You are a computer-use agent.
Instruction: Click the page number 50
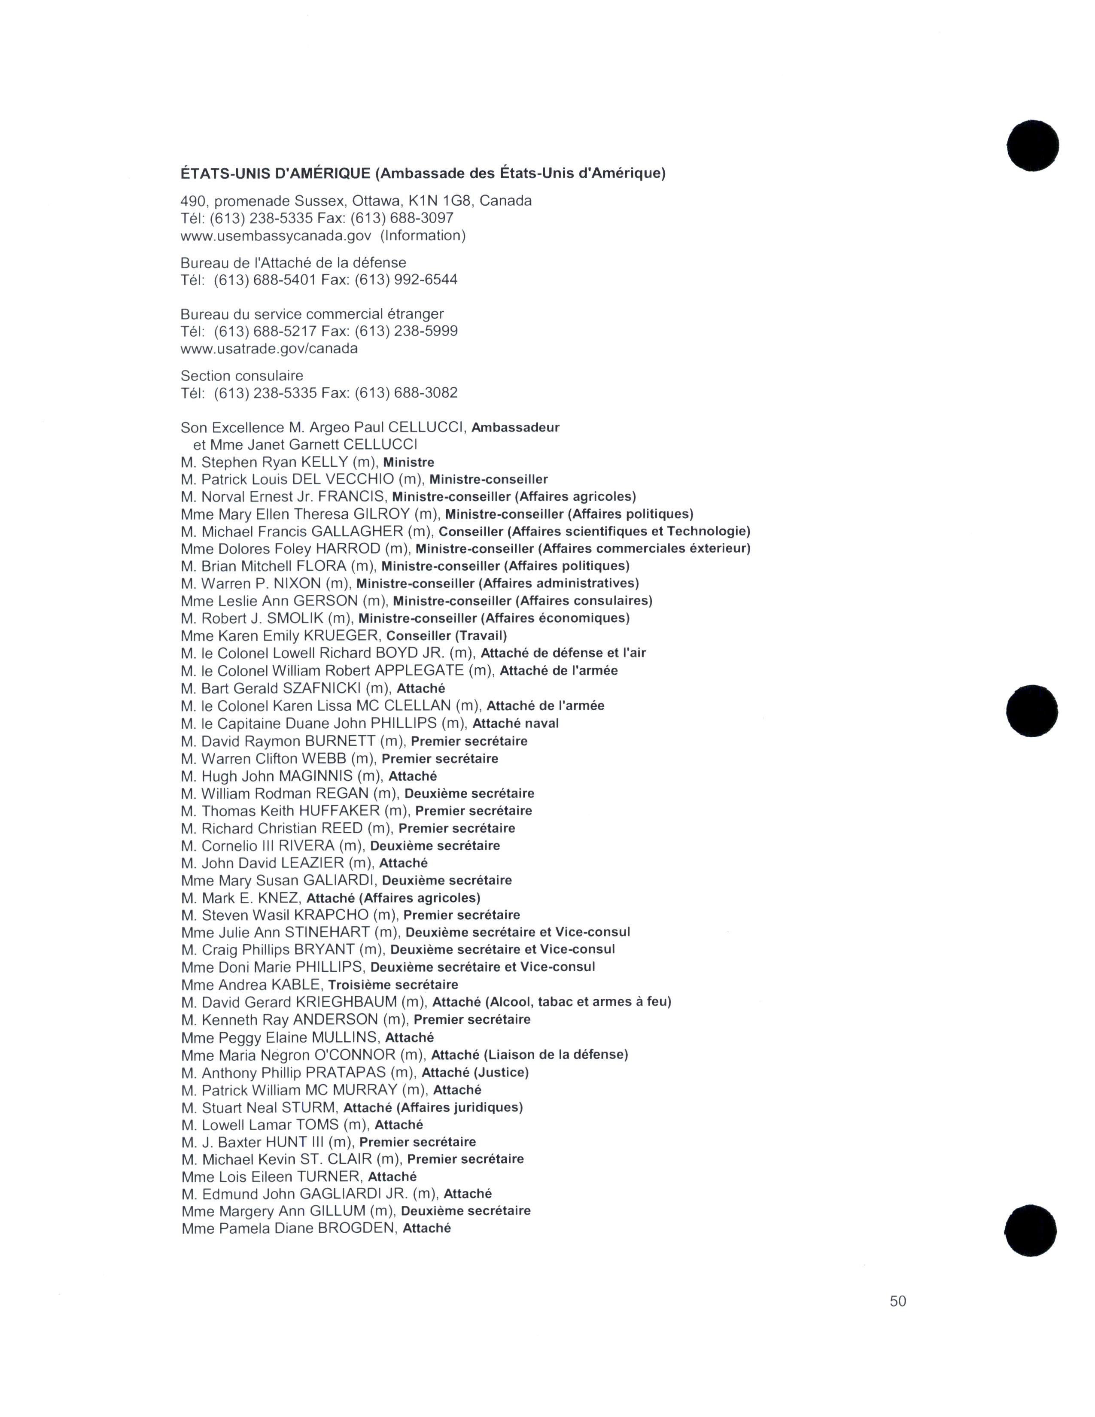[898, 1301]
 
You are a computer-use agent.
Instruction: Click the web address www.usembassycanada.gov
[276, 235]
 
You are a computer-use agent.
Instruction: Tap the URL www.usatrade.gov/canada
[268, 348]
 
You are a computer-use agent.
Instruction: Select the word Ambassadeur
[515, 428]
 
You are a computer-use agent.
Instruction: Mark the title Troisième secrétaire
[393, 985]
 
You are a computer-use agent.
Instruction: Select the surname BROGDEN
[356, 1228]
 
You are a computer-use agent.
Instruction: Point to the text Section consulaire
[241, 376]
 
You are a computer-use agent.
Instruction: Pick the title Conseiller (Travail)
[446, 636]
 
